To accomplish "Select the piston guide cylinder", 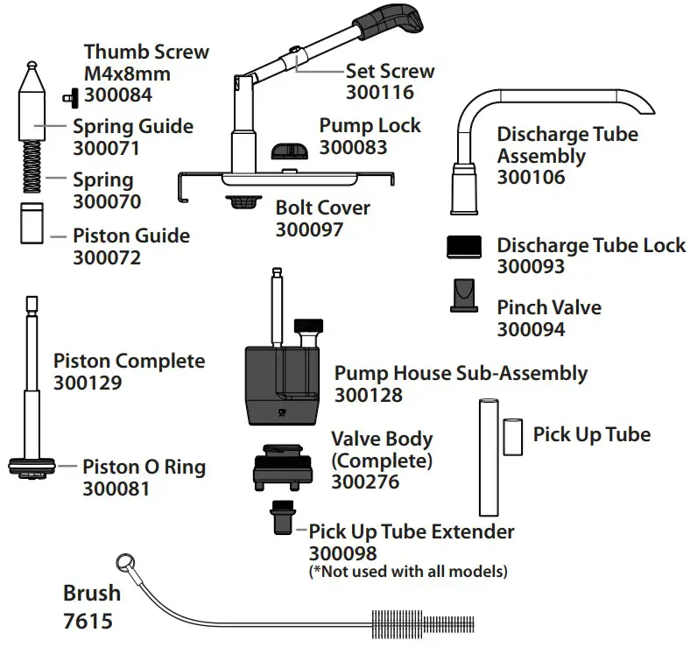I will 32,225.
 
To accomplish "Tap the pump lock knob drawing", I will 289,151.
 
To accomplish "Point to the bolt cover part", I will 243,203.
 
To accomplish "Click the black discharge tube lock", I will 465,246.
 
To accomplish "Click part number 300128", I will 368,396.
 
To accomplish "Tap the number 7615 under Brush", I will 88,622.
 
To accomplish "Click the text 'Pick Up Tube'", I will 592,435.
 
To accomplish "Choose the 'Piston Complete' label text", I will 130,362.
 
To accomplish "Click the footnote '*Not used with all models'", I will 408,572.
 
